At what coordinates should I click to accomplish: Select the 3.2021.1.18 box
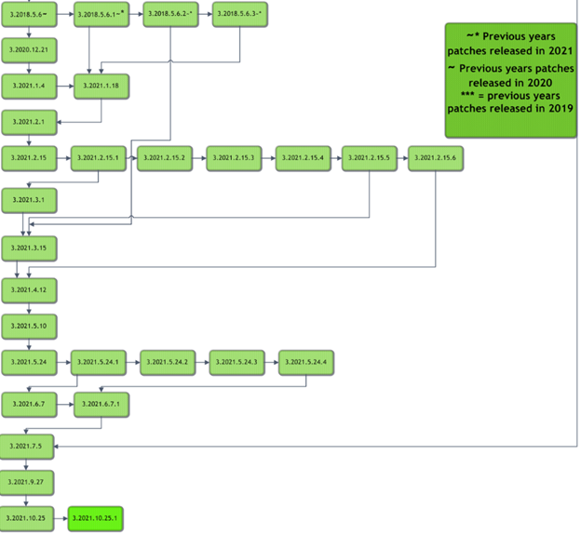pos(101,86)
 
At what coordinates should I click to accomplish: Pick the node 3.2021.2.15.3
pos(233,159)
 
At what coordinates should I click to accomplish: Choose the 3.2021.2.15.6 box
pos(436,159)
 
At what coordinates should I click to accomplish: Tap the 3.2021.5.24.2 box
pos(169,363)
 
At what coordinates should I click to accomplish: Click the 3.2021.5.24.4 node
pos(306,363)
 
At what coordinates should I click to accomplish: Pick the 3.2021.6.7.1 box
pos(101,404)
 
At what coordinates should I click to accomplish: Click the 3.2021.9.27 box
pos(28,482)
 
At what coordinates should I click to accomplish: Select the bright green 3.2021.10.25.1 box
pos(95,518)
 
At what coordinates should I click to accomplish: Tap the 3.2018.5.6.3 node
pos(240,16)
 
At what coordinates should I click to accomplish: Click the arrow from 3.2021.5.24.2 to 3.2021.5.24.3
pos(203,363)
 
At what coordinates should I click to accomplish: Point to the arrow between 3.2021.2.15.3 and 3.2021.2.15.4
pos(267,159)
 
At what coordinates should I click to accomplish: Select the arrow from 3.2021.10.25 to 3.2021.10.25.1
pos(62,518)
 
